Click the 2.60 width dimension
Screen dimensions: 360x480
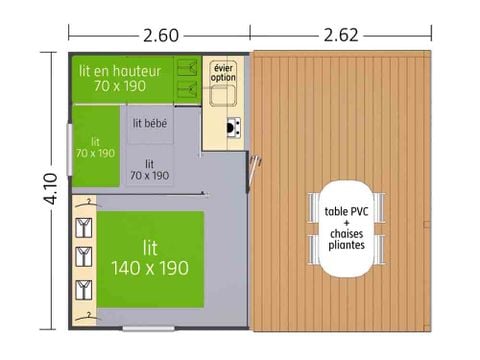point(160,36)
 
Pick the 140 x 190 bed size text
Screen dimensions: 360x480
point(150,267)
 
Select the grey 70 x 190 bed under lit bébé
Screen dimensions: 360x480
point(149,169)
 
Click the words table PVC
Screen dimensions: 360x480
point(346,212)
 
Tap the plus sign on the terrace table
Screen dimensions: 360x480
point(346,222)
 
